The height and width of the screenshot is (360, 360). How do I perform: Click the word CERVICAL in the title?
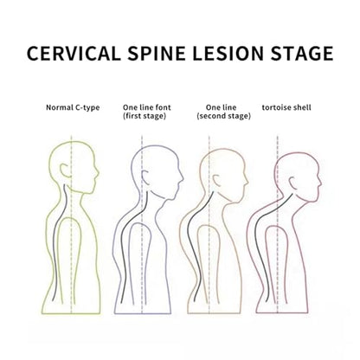click(x=74, y=53)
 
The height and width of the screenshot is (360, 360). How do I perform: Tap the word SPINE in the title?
click(x=157, y=53)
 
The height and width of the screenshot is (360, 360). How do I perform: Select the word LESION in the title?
click(x=228, y=53)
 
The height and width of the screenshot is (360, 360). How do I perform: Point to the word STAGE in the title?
click(x=302, y=53)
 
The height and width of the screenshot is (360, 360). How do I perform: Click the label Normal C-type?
click(x=73, y=107)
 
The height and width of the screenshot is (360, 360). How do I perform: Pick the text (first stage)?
click(x=145, y=116)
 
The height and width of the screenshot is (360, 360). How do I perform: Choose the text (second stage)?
click(x=223, y=116)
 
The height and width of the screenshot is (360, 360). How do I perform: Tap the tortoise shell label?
click(x=286, y=107)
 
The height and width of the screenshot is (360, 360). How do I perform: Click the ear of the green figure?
click(x=65, y=170)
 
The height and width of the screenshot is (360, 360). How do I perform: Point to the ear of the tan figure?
click(x=216, y=181)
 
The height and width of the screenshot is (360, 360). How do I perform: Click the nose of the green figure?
click(x=98, y=174)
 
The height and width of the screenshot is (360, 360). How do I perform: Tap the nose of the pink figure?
click(x=320, y=183)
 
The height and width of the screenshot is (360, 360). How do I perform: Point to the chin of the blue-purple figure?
click(x=169, y=197)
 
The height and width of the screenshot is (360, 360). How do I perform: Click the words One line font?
click(x=147, y=107)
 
